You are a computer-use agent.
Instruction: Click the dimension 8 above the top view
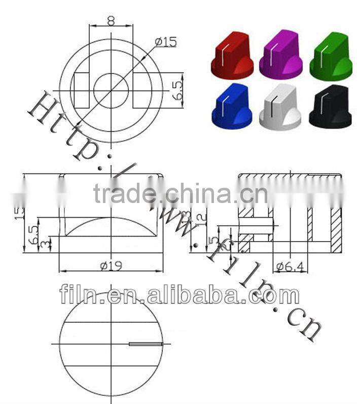click(111, 20)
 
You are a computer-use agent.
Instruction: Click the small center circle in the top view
click(111, 90)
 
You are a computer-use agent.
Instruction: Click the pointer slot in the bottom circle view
click(146, 344)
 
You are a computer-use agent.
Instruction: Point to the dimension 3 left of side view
click(47, 244)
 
